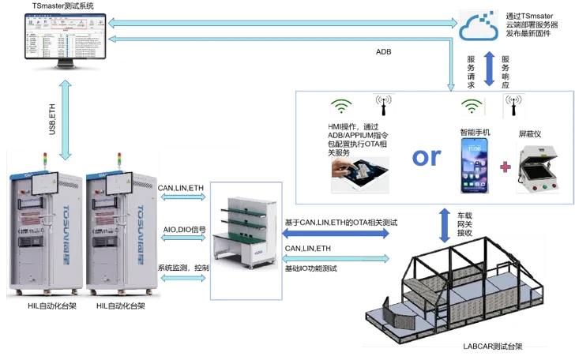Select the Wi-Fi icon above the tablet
point(340,107)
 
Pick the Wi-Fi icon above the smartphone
point(472,107)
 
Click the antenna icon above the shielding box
point(514,107)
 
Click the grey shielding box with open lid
point(538,167)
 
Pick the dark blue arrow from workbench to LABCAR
point(336,233)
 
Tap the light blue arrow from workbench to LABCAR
point(336,258)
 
